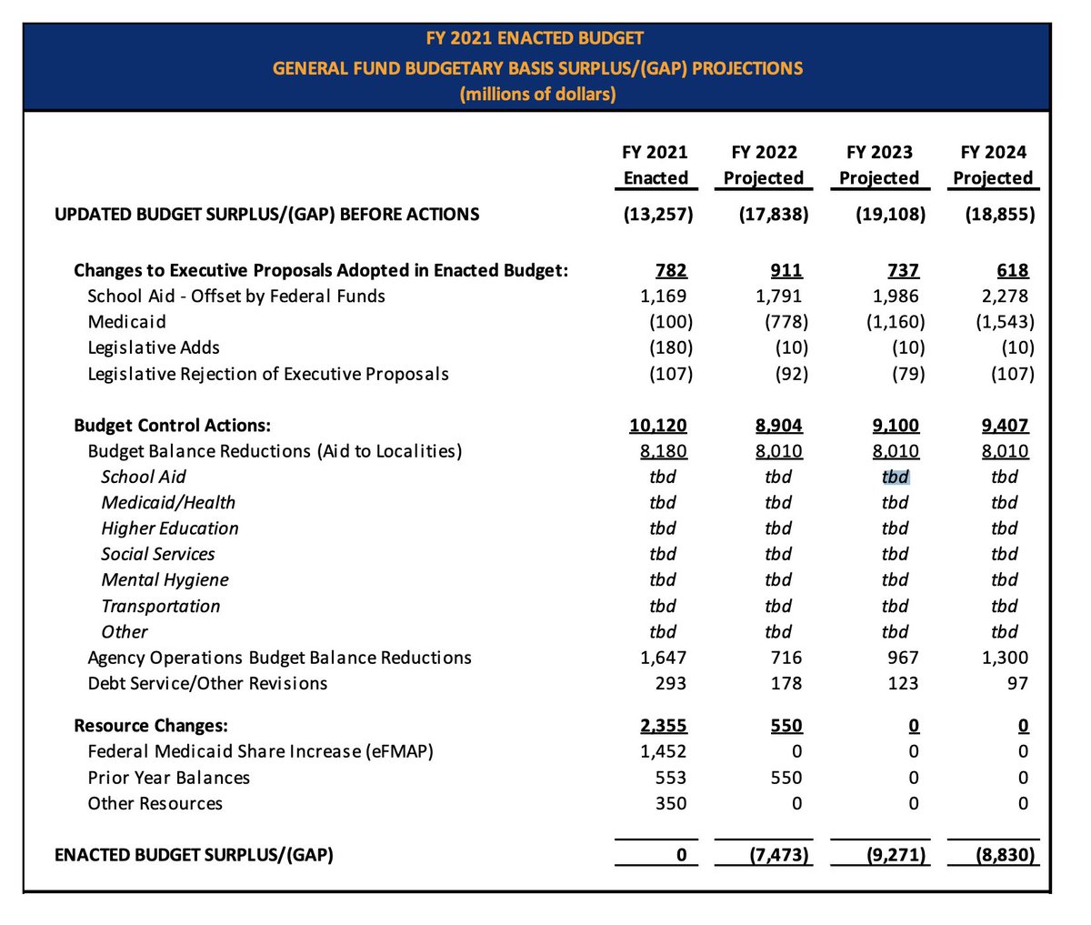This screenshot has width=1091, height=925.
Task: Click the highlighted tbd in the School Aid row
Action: pyautogui.click(x=896, y=477)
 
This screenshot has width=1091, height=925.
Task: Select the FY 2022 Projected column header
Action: pyautogui.click(x=764, y=165)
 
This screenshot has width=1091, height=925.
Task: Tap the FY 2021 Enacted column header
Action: pyautogui.click(x=656, y=165)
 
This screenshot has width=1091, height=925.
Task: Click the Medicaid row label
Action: pyautogui.click(x=128, y=322)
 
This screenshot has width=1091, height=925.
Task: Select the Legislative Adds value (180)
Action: pyautogui.click(x=671, y=347)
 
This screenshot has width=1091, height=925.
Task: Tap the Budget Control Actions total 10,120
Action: pyautogui.click(x=657, y=426)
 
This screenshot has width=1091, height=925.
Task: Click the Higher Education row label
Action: pyautogui.click(x=170, y=528)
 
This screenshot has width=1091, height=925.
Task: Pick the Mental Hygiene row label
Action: pyautogui.click(x=165, y=580)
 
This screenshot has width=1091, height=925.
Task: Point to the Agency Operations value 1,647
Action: pyautogui.click(x=663, y=658)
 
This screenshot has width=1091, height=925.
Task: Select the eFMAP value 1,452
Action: pyautogui.click(x=663, y=751)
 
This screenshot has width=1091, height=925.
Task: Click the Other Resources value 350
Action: pyautogui.click(x=671, y=803)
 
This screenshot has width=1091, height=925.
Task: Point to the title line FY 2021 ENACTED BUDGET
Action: pyautogui.click(x=535, y=38)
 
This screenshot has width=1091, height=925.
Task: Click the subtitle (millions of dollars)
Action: pyautogui.click(x=537, y=94)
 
